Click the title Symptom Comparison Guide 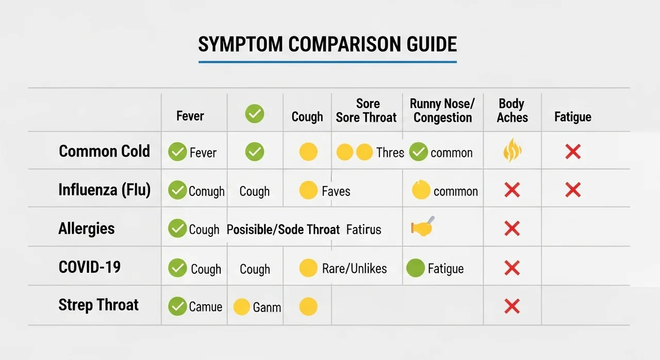(x=327, y=44)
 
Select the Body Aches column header (x=512, y=110)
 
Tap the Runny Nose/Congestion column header (x=442, y=110)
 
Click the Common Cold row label (x=104, y=151)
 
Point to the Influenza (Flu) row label (x=104, y=190)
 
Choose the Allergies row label (x=86, y=228)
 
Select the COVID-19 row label (x=89, y=267)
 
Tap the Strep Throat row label (x=98, y=305)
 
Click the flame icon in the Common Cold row (x=513, y=150)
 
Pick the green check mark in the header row (x=255, y=113)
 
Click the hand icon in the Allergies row (x=422, y=227)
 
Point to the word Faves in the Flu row (x=336, y=191)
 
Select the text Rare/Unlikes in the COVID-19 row (x=354, y=269)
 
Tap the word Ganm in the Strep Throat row (x=267, y=307)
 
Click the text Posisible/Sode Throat (x=283, y=230)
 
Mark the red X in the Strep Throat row (x=512, y=306)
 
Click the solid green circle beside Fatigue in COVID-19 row (x=416, y=268)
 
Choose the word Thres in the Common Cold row (x=390, y=153)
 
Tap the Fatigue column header (x=572, y=117)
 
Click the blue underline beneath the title (x=327, y=62)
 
